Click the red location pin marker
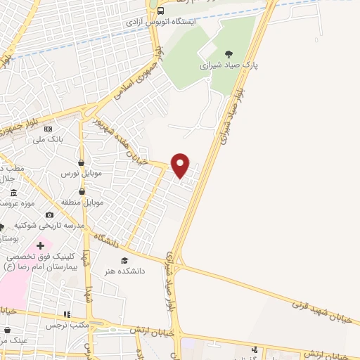point(181,165)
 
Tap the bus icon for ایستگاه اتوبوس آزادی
point(161,11)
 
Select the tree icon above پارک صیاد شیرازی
point(227,53)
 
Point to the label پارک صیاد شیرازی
point(226,65)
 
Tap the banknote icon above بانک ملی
point(48,129)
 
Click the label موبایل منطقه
point(82,202)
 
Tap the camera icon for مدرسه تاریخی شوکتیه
point(49,215)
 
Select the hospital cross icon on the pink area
point(40,245)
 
